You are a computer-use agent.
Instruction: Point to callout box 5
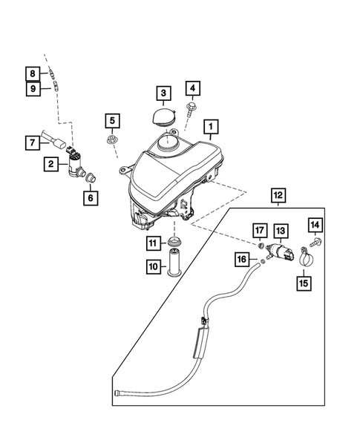(111, 119)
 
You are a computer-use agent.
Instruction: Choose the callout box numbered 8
(33, 73)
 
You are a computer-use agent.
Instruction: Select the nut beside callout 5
(112, 139)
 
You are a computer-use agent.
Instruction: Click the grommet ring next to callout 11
(175, 243)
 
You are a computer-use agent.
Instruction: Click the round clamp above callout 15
(304, 258)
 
